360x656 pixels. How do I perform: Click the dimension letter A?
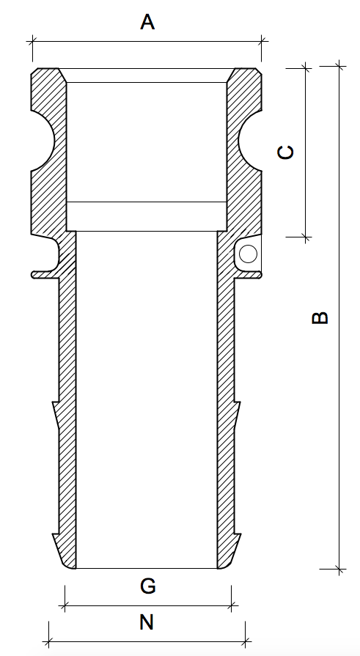(x=147, y=23)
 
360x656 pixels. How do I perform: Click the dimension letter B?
(x=320, y=317)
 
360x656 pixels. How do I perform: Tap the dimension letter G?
(x=147, y=586)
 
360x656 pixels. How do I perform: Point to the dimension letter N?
(x=147, y=623)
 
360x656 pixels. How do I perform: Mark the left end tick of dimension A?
(x=32, y=41)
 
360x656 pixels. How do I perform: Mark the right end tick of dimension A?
(x=262, y=41)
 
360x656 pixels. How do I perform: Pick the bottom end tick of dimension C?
(x=306, y=237)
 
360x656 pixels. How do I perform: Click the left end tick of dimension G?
(x=65, y=606)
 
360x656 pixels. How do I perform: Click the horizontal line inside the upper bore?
(x=146, y=201)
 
